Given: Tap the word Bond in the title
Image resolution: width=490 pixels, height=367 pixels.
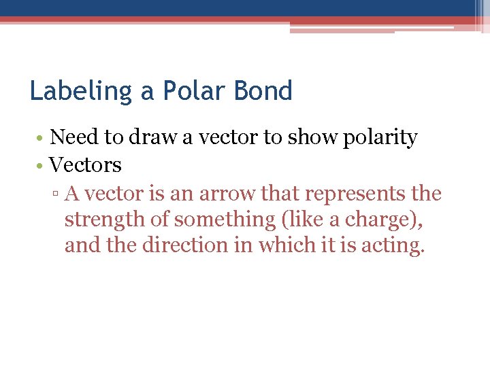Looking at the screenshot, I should coord(265,91).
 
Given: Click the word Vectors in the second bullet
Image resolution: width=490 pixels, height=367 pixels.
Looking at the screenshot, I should coord(86,165).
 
